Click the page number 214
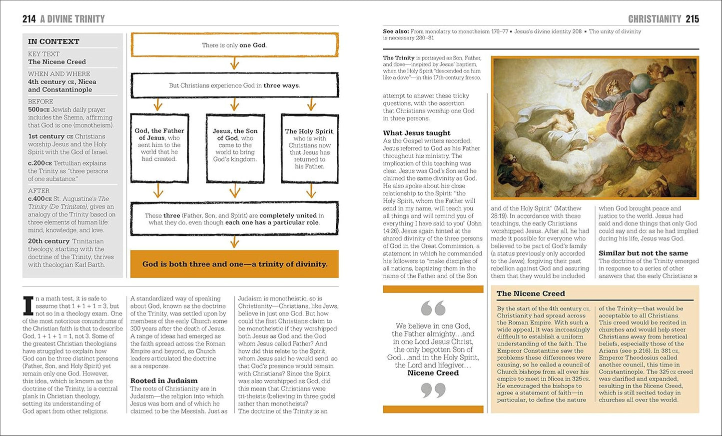[x=29, y=19]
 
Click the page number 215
[x=692, y=19]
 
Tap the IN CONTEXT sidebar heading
[x=53, y=41]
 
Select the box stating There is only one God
[x=234, y=45]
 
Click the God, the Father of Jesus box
[x=159, y=148]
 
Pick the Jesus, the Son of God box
[x=235, y=148]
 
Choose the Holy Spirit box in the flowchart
[x=310, y=148]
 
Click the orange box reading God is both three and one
[x=234, y=264]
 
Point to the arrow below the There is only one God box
[x=234, y=64]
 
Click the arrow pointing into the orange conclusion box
[x=234, y=242]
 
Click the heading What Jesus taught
[x=416, y=133]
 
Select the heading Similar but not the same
[x=643, y=253]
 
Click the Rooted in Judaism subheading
[x=164, y=380]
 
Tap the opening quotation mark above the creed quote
[x=433, y=308]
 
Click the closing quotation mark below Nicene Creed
[x=433, y=390]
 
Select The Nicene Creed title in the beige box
[x=531, y=293]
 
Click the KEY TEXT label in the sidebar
[x=43, y=54]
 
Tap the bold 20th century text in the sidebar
[x=48, y=241]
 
